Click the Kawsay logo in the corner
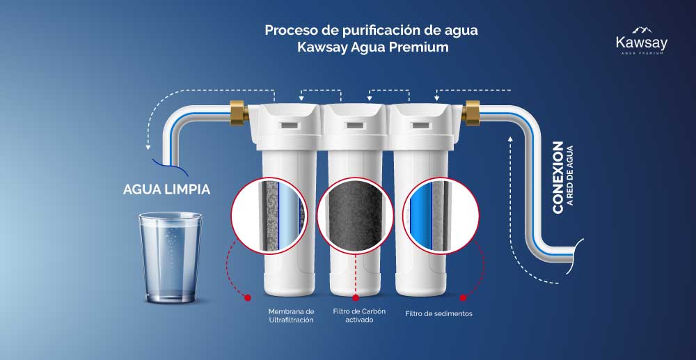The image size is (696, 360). pyautogui.click(x=642, y=41)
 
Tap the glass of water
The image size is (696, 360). pyautogui.click(x=171, y=258)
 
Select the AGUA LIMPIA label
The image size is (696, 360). pyautogui.click(x=166, y=189)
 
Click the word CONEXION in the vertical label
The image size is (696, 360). pyautogui.click(x=557, y=178)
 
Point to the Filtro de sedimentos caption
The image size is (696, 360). pyautogui.click(x=438, y=314)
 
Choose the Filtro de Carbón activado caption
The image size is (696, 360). pyautogui.click(x=360, y=315)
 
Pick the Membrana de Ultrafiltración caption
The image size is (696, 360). pyautogui.click(x=291, y=315)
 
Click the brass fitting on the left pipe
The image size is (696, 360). pyautogui.click(x=239, y=113)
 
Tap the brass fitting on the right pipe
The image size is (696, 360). pyautogui.click(x=470, y=113)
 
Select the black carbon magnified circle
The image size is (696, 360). pyautogui.click(x=356, y=216)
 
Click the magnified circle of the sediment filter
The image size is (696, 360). pyautogui.click(x=441, y=216)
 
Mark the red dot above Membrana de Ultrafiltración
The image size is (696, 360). pyautogui.click(x=248, y=297)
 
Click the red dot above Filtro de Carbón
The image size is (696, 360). pyautogui.click(x=356, y=297)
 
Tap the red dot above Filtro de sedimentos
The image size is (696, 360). pyautogui.click(x=463, y=297)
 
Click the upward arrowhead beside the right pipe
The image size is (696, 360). pyautogui.click(x=510, y=139)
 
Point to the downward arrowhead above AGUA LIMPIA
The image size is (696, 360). pyautogui.click(x=148, y=148)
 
